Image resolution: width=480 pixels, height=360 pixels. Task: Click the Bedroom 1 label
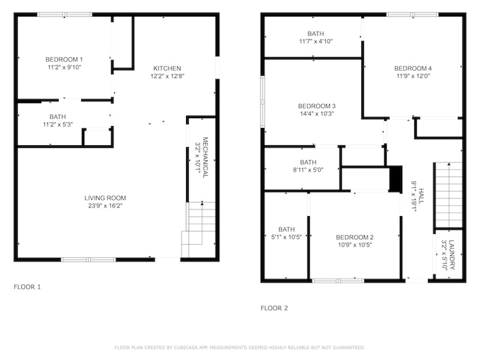(64, 60)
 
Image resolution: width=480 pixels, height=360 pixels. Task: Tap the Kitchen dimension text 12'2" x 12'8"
(167, 76)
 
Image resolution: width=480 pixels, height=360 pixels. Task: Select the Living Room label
(105, 198)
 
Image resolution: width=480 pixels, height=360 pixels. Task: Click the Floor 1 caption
(27, 287)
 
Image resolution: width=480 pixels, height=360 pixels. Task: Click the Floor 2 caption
(274, 308)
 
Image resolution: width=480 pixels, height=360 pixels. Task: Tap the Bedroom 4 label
(413, 68)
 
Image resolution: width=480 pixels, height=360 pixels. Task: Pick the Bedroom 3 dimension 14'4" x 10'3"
(317, 114)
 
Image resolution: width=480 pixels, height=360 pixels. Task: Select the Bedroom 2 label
(355, 237)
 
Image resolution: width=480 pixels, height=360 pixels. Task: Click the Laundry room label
(452, 255)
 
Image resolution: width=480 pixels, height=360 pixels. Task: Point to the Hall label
(421, 196)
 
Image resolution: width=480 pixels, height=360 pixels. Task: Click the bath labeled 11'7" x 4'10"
(316, 37)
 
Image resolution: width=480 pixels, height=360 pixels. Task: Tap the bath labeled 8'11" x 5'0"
(308, 166)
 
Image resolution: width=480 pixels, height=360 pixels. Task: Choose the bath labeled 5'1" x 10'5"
(287, 233)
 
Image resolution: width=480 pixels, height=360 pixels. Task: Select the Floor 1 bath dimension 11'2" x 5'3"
(58, 124)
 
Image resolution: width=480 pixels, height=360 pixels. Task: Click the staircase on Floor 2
(449, 195)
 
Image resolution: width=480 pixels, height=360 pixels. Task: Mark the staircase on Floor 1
(199, 230)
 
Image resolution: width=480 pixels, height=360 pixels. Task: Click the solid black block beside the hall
(396, 179)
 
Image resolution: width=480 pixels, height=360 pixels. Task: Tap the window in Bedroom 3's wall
(262, 101)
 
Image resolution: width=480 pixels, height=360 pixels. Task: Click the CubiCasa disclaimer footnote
(240, 347)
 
